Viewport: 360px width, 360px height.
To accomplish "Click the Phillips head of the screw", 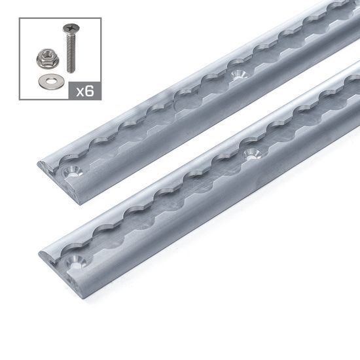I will click(68, 29).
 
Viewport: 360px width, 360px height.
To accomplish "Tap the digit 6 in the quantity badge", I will click(90, 90).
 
